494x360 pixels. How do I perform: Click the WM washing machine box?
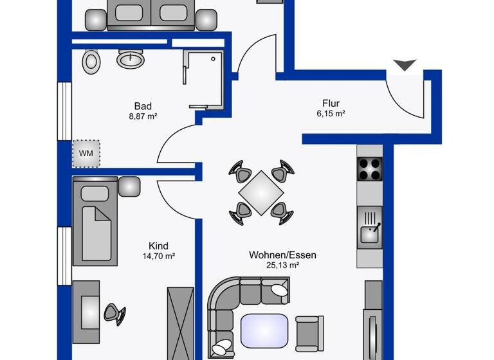(x=86, y=154)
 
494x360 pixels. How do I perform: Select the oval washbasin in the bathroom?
(x=131, y=60)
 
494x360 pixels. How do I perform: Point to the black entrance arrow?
(x=405, y=64)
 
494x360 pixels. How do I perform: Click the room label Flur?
(x=331, y=103)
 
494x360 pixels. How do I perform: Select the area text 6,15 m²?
(x=331, y=114)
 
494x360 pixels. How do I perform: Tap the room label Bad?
(x=143, y=106)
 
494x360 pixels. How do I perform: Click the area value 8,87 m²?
(x=143, y=116)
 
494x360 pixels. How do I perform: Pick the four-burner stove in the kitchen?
(x=370, y=169)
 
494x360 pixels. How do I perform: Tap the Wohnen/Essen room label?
(x=282, y=255)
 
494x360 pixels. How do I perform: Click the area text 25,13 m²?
(x=282, y=265)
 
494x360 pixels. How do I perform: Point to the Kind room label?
(x=158, y=246)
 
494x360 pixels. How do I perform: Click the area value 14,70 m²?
(x=158, y=256)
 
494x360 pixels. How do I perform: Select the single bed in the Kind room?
(x=95, y=222)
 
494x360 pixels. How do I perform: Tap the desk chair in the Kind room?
(x=115, y=313)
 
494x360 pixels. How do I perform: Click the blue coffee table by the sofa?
(x=264, y=330)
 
